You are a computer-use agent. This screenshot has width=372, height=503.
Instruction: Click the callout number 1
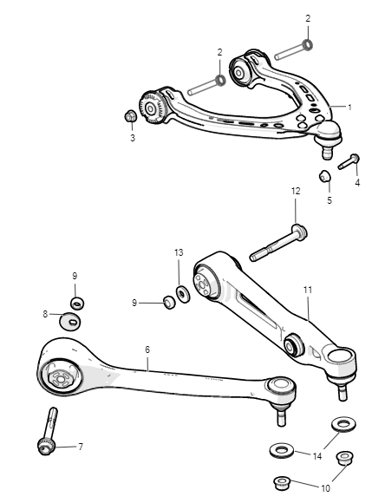(349, 108)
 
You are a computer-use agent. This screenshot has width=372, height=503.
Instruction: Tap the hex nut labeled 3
(131, 116)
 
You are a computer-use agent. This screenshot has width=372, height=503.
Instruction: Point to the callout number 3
(133, 138)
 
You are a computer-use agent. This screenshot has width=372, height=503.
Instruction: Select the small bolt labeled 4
(349, 161)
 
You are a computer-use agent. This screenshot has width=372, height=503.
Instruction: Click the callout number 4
(357, 183)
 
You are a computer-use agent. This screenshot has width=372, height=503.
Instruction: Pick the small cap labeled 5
(325, 176)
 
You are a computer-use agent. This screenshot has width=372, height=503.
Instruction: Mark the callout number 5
(330, 200)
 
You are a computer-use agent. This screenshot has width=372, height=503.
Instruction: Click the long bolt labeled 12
(278, 243)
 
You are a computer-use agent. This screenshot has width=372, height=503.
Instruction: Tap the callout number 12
(296, 191)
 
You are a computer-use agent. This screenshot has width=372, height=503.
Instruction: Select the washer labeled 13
(183, 294)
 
